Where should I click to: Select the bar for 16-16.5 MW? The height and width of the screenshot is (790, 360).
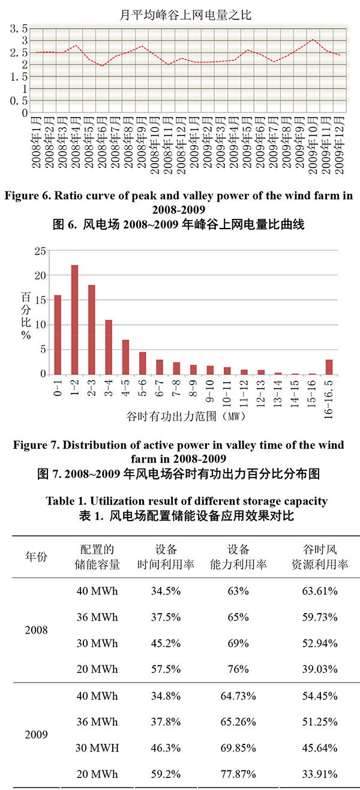click(329, 367)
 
